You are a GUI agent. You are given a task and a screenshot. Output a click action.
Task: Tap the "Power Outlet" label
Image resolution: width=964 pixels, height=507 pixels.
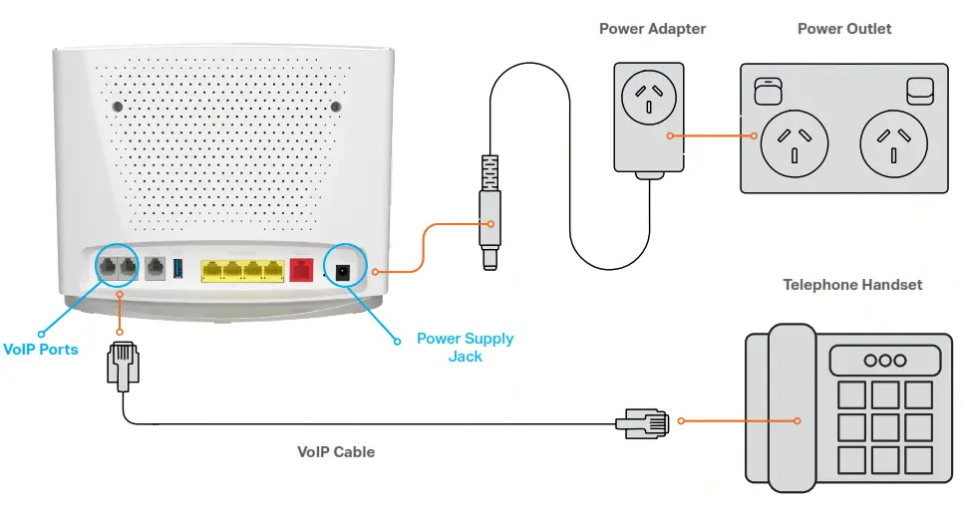coord(844,29)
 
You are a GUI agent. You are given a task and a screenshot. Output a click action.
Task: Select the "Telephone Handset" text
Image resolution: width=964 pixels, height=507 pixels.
coord(852,285)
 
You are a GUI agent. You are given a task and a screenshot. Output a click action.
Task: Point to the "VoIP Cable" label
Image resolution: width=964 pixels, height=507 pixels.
coord(336,452)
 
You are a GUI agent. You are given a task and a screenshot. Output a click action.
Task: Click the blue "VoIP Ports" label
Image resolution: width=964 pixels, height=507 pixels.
coord(42,350)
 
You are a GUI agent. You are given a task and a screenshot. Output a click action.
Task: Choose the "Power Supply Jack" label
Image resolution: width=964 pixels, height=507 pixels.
coord(465,347)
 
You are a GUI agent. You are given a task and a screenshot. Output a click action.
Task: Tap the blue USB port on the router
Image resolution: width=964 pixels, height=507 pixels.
coord(179,268)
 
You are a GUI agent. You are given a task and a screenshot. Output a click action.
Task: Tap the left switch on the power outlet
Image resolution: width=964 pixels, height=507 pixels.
coord(766,92)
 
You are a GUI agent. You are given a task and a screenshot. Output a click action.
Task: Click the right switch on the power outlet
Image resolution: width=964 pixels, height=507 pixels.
coord(919,90)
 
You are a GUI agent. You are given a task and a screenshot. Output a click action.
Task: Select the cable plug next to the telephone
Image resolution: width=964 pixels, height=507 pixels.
coord(644,421)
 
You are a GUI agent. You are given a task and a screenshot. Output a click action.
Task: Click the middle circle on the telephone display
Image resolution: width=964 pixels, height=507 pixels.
coord(883,361)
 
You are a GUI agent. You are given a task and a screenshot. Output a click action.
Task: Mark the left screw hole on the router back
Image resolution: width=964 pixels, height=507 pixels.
coord(119,106)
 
